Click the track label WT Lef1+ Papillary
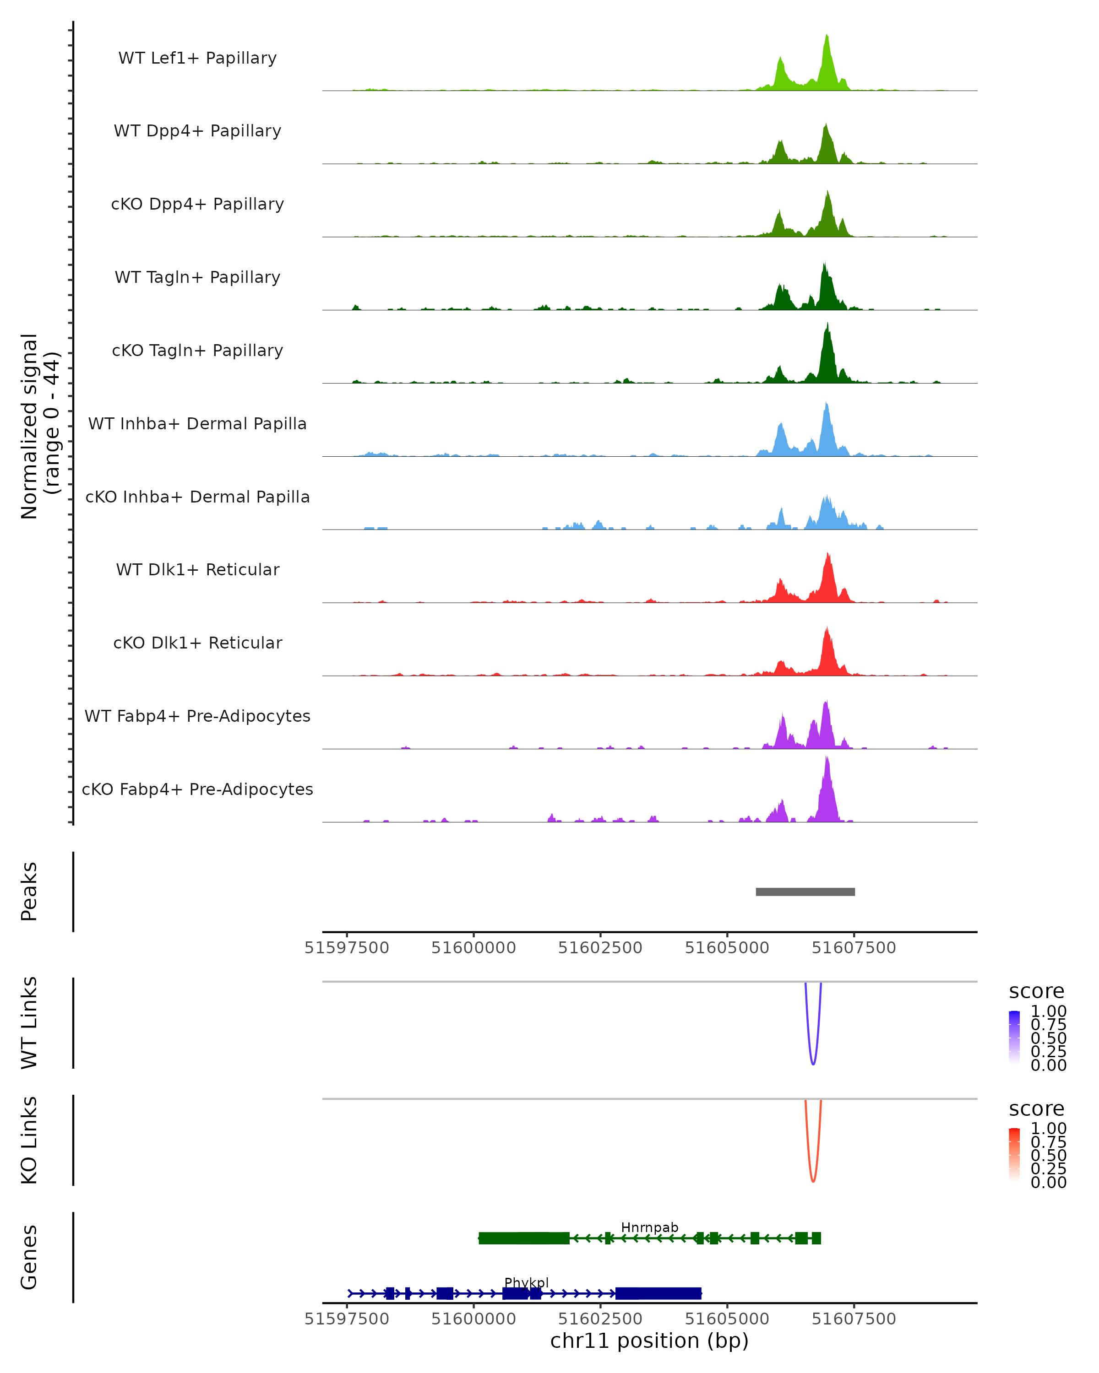click(197, 58)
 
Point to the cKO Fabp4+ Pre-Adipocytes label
click(197, 789)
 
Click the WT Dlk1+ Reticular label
click(197, 569)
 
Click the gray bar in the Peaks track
click(805, 892)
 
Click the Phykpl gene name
click(526, 1282)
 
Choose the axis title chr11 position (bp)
click(649, 1341)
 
